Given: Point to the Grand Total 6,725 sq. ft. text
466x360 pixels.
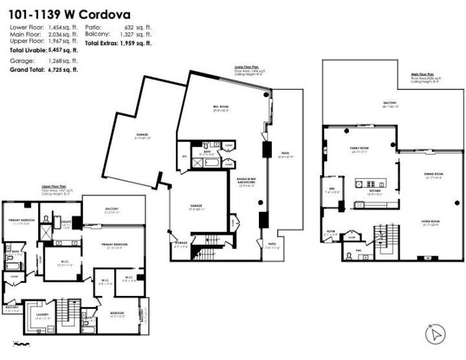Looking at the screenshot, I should click(43, 69).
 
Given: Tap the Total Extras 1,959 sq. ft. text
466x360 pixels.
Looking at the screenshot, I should click(116, 43).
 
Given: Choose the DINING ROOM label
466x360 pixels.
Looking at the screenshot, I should click(433, 174).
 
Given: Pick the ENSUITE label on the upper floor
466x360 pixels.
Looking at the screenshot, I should click(66, 222).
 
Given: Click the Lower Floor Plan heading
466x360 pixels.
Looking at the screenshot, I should click(248, 66).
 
